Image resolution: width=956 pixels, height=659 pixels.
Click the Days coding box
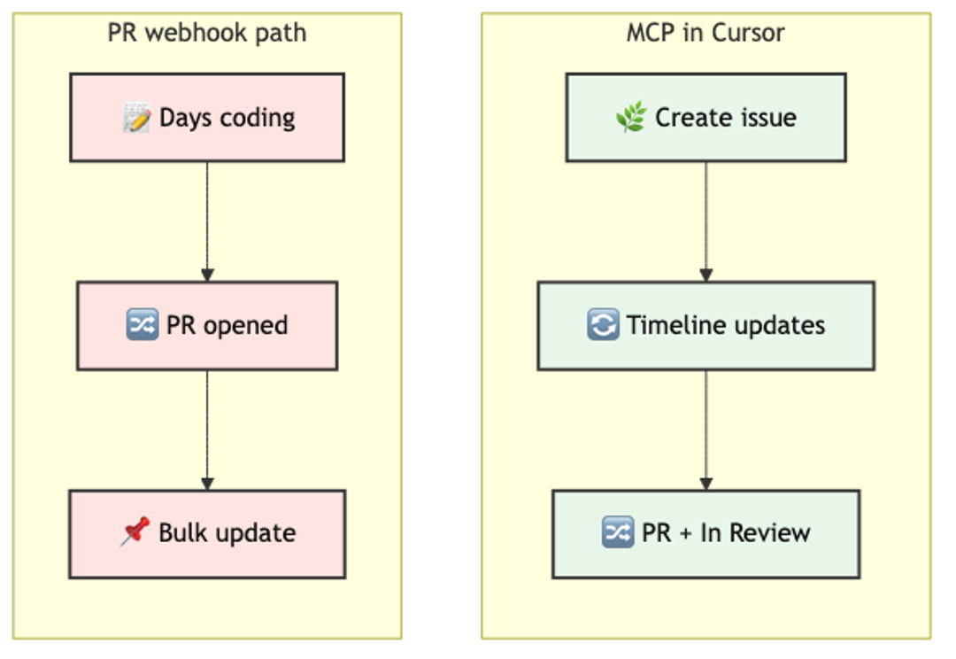pos(207,118)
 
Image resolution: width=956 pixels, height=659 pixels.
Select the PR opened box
pos(207,325)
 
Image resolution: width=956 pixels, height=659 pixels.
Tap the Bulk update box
pos(207,533)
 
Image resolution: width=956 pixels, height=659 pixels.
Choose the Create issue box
pos(705,118)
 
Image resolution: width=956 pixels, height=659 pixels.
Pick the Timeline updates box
pos(705,325)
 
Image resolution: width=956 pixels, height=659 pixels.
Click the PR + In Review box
pos(705,533)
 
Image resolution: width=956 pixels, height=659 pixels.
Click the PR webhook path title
pos(207,34)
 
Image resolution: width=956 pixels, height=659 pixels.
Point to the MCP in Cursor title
pos(705,34)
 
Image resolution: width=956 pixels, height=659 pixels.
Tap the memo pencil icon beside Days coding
pos(137,118)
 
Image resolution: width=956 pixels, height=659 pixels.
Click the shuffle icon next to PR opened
pos(143,325)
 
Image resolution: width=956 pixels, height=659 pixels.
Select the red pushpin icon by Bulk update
pos(135,532)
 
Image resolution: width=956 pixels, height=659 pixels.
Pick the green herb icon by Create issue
pos(631,118)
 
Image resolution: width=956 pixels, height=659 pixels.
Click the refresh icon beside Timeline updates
pos(603,325)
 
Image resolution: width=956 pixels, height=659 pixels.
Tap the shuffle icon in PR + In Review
pos(617,533)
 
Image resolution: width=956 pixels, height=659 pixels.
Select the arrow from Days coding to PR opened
pos(207,221)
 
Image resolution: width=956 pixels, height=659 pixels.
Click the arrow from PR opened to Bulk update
pos(207,430)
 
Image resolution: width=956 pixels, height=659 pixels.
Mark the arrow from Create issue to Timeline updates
pos(705,221)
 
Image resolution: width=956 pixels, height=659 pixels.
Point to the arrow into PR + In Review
pos(705,430)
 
